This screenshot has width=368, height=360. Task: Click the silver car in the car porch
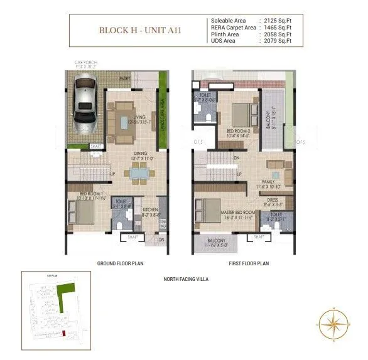coord(85,100)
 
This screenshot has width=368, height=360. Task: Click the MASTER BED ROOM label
coord(237,213)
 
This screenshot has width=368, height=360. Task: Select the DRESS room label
coord(273,200)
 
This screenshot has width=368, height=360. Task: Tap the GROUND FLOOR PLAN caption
coord(121,263)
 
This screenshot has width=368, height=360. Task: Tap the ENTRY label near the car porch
coord(142,78)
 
